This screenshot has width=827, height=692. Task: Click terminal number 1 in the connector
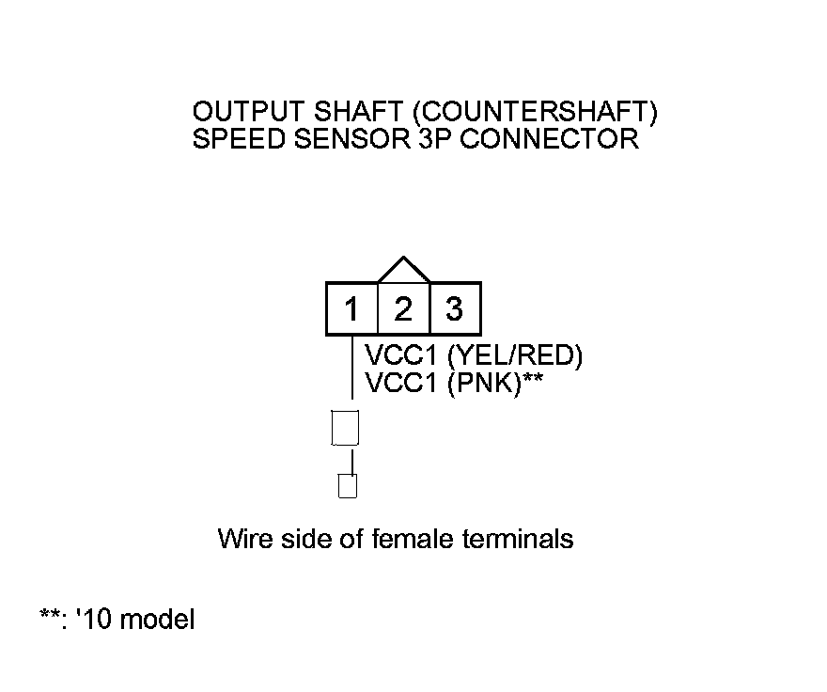[x=351, y=308]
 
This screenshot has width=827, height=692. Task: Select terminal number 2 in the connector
[x=403, y=308]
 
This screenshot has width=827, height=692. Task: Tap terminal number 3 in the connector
[x=455, y=308]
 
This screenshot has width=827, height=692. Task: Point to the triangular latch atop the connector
[x=403, y=271]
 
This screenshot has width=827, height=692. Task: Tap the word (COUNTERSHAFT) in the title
[x=535, y=114]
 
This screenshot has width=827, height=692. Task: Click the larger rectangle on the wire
[x=346, y=428]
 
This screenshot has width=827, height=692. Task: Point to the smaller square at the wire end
[x=347, y=486]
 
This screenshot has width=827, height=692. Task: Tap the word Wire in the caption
[x=241, y=539]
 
